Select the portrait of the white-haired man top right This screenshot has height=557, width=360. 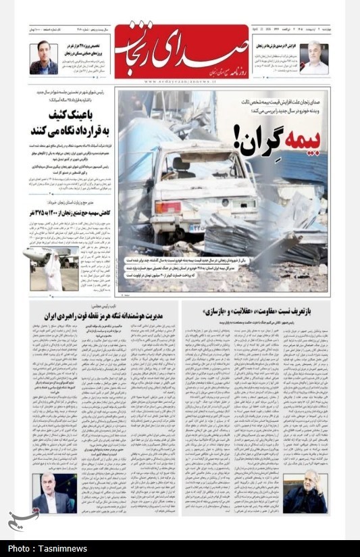point(314,58)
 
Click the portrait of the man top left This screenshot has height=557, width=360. point(43,58)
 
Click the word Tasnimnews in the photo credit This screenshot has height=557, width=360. point(58,548)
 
